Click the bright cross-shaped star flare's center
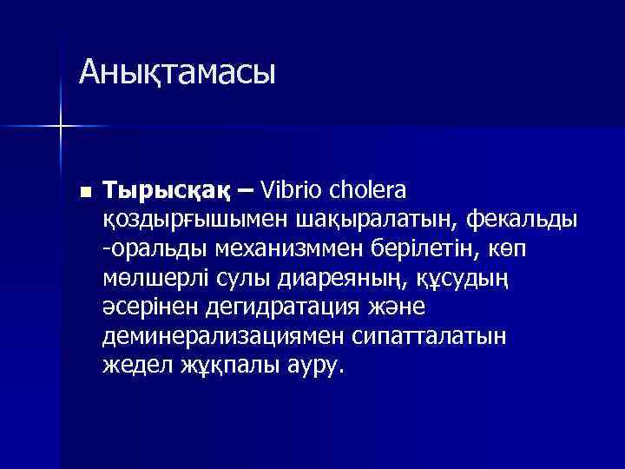pos(61,127)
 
